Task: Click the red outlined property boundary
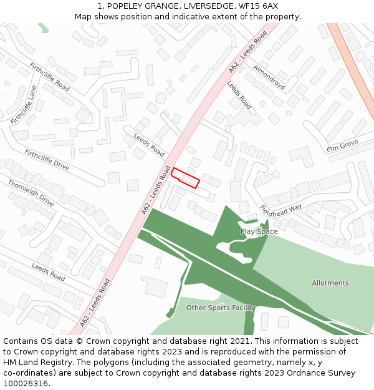[x=186, y=178]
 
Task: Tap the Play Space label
[x=259, y=232]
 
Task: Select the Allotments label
[x=330, y=283]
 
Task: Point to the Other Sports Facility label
[x=221, y=308]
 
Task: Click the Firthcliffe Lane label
[x=24, y=105]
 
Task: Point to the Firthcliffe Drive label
[x=47, y=160]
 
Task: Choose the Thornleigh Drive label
[x=31, y=193]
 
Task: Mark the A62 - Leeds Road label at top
[x=248, y=51]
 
